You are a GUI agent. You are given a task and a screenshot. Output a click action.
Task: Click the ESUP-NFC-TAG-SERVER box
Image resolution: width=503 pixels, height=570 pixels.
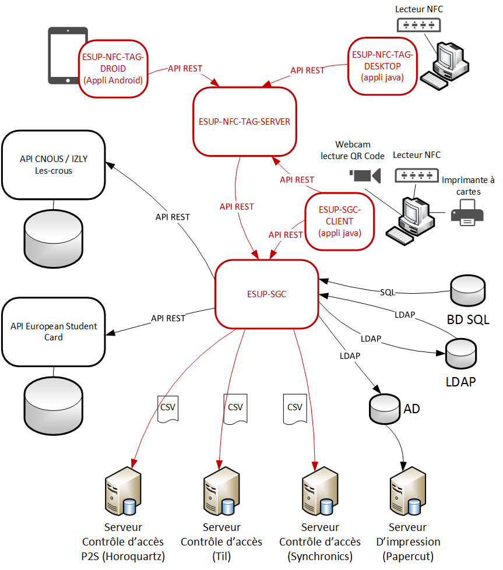click(x=241, y=121)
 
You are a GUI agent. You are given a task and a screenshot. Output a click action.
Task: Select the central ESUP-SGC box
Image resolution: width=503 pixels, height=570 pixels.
click(x=266, y=294)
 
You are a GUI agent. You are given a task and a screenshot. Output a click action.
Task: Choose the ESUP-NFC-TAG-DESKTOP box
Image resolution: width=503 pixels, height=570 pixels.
click(x=382, y=66)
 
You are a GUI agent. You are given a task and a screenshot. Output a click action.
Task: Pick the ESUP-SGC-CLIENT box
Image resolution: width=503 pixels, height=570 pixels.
click(x=339, y=221)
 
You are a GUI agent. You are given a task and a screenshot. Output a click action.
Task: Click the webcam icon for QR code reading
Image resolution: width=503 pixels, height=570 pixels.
click(x=365, y=174)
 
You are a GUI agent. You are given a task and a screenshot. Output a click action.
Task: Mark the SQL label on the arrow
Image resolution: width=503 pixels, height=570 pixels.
click(x=388, y=291)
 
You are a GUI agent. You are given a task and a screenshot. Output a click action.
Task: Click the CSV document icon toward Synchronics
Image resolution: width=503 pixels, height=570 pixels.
click(x=295, y=408)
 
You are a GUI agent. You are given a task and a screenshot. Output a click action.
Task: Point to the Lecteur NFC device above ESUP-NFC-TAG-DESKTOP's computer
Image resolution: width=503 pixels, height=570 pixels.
click(x=418, y=25)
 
